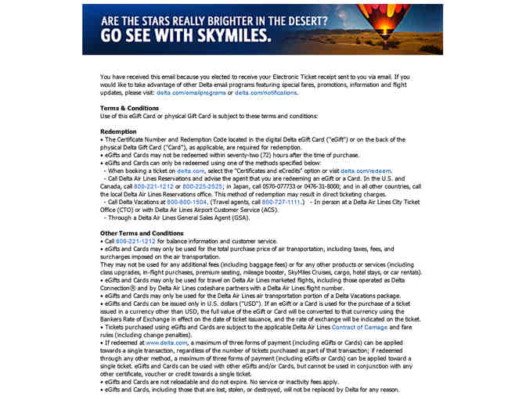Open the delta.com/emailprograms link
tap(190, 92)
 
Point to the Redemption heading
tap(119, 131)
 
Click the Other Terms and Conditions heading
tap(142, 233)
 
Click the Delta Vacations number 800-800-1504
tap(186, 201)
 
